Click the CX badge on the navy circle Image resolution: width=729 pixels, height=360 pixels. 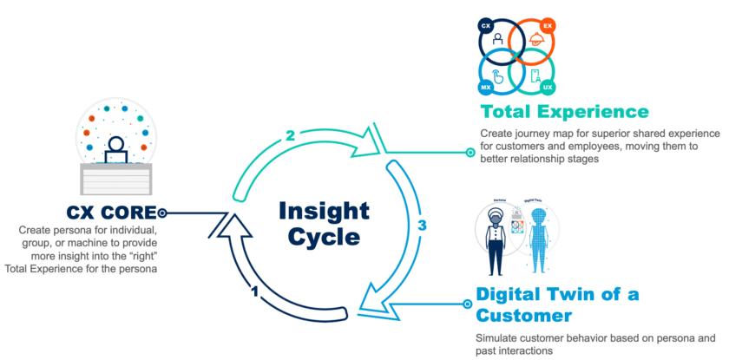pos(487,27)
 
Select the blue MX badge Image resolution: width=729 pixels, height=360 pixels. pos(487,88)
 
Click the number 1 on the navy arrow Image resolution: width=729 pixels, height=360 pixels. pos(255,292)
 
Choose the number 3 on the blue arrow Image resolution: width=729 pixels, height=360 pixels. pos(423,226)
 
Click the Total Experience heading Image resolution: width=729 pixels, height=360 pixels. pos(566,112)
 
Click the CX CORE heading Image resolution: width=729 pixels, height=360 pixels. pos(110,213)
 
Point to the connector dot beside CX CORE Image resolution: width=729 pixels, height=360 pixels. pos(162,213)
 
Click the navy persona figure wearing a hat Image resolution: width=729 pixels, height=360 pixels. pos(498,239)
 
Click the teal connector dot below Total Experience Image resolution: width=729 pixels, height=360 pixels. pos(470,153)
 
